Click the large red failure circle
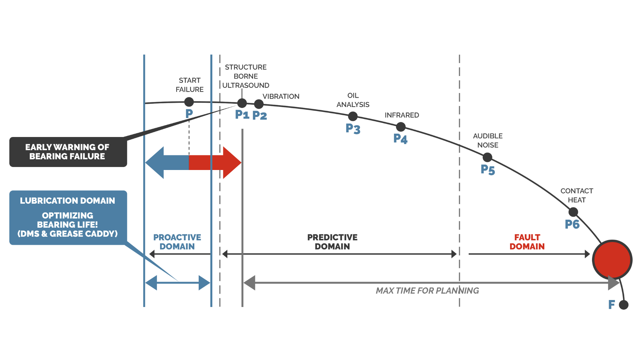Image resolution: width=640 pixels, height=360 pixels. click(612, 259)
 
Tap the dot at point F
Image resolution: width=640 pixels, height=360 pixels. click(623, 305)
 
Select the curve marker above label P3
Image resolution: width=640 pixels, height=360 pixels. click(353, 116)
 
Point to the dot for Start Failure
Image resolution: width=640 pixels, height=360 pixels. click(189, 102)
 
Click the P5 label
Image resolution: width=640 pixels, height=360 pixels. click(488, 169)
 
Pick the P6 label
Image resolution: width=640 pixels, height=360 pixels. click(572, 224)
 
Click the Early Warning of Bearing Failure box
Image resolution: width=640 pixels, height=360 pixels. click(68, 152)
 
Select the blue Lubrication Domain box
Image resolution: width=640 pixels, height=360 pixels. click(68, 217)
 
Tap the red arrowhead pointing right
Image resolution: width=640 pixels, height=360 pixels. click(231, 163)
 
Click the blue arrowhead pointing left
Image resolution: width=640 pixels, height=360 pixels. click(155, 163)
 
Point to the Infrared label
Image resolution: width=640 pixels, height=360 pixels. click(402, 115)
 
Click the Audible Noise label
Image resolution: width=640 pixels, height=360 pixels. click(488, 140)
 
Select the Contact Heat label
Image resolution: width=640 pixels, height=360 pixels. click(577, 195)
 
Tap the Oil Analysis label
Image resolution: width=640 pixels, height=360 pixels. click(353, 100)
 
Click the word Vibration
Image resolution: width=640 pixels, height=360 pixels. click(281, 96)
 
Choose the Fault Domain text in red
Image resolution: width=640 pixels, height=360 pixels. click(527, 242)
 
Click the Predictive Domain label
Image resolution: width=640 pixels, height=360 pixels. click(332, 242)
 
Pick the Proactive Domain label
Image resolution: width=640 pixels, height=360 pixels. click(177, 242)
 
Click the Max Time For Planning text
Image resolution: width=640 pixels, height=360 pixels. click(427, 291)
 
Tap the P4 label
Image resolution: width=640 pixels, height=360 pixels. click(400, 138)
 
